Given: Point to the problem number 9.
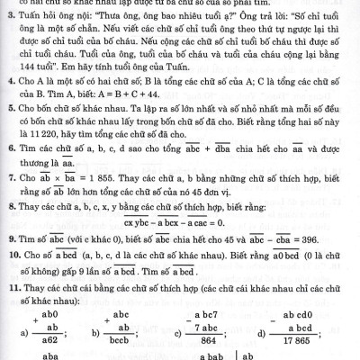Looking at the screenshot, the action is [x=7, y=242].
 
